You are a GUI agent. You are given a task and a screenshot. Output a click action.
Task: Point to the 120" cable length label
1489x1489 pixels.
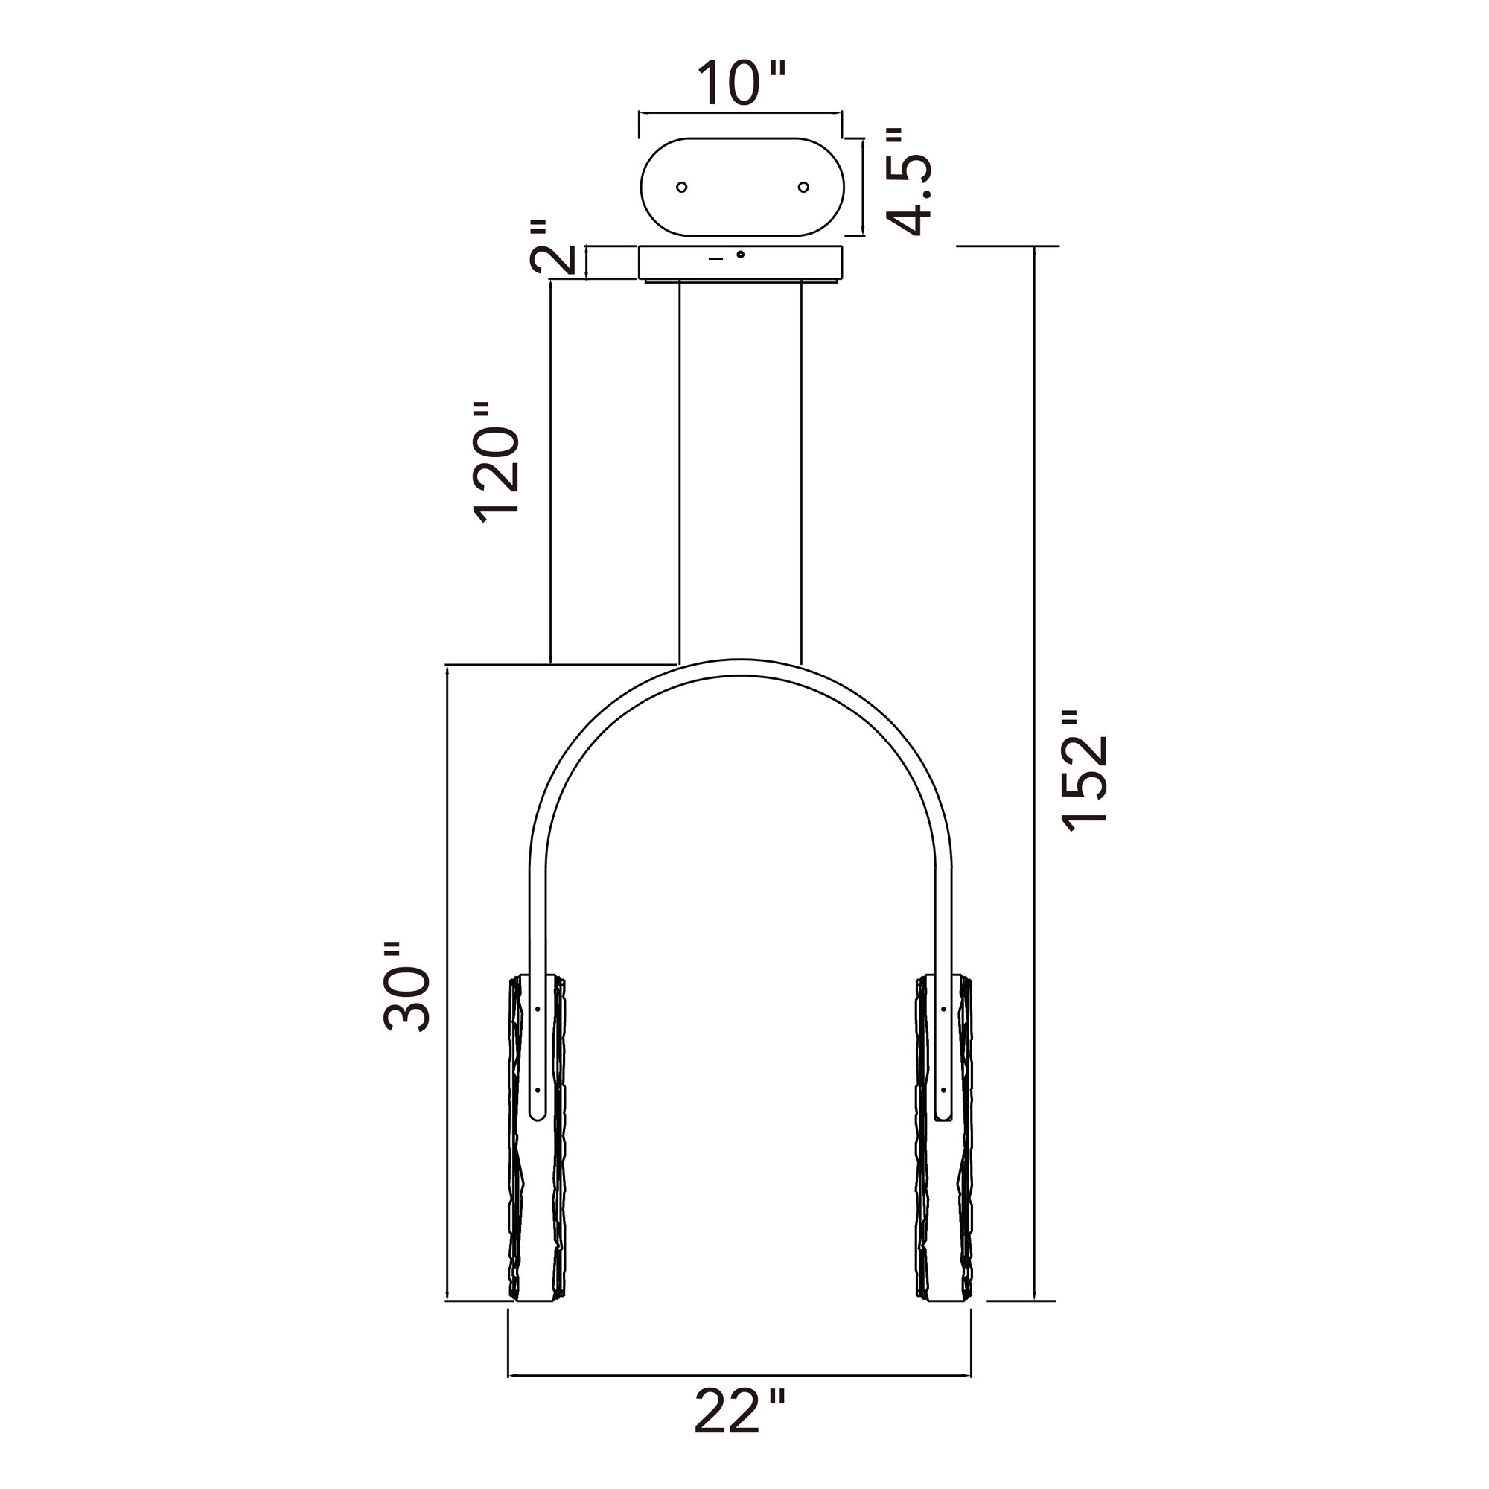(x=496, y=463)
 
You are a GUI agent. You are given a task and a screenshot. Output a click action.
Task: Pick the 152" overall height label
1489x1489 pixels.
(x=1085, y=771)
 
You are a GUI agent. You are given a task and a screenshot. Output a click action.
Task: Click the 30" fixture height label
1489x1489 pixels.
(x=407, y=987)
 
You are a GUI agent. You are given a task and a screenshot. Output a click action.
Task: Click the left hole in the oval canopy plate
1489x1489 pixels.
(x=681, y=188)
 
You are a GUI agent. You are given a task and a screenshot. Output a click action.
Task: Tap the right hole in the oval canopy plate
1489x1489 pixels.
(x=803, y=188)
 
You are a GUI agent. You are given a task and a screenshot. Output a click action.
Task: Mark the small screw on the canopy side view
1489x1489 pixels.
(x=741, y=255)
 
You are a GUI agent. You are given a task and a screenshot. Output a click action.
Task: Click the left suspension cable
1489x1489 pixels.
(x=679, y=470)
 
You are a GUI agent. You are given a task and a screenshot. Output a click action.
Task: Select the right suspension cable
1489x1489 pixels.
(x=802, y=470)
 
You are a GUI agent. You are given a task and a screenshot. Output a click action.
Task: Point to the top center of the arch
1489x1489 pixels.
(x=740, y=667)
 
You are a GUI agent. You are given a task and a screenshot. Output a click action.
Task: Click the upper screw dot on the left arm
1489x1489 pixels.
(x=538, y=1009)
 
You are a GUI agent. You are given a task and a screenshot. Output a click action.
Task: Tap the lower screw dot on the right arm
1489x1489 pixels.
(x=942, y=1091)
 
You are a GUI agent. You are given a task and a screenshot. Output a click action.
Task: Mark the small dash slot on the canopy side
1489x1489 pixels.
(x=716, y=260)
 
